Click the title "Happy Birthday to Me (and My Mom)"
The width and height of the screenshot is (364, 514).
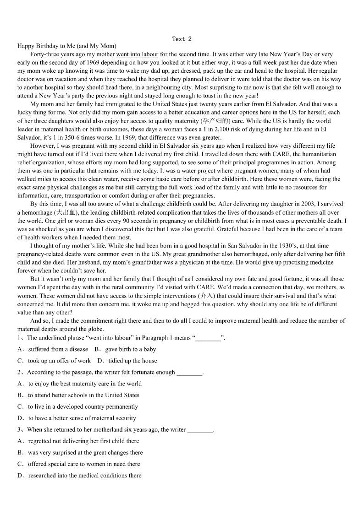pos(67,46)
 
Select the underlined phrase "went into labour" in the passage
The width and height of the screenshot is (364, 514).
pos(137,54)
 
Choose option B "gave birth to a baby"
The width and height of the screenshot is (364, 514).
pos(130,349)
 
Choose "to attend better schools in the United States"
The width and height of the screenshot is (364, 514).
pos(83,395)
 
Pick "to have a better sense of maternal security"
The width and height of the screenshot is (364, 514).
pos(82,418)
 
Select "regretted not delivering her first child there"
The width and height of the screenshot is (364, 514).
pos(83,441)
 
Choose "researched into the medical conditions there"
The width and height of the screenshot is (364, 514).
pos(85,476)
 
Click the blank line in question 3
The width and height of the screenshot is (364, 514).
pos(200,430)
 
